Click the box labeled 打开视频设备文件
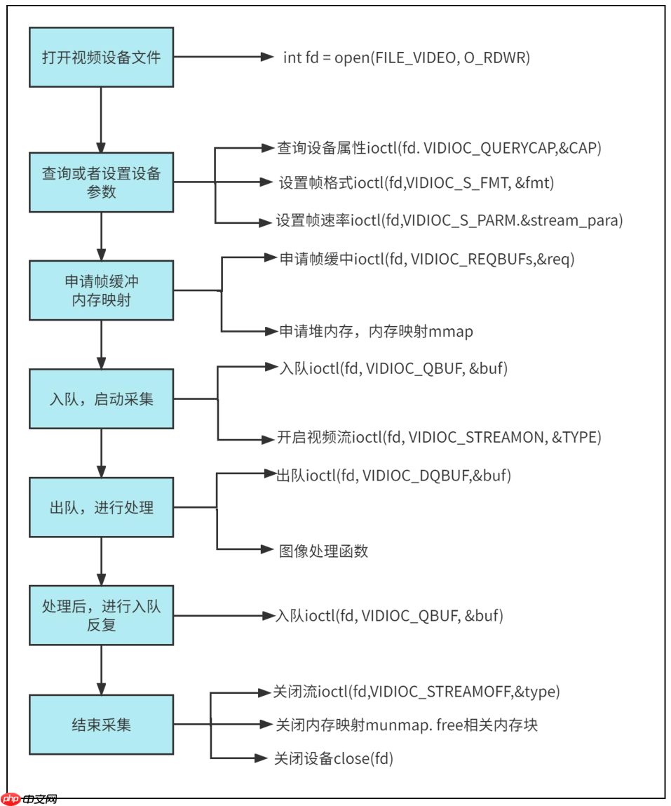(101, 58)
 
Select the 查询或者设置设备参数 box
(101, 182)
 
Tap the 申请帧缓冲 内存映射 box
(101, 290)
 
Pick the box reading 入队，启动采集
(101, 400)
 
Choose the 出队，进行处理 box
(101, 507)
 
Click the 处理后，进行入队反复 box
(101, 615)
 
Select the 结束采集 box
(101, 725)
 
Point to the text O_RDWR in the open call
(497, 58)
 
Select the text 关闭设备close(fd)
(334, 758)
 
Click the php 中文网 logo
(29, 798)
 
